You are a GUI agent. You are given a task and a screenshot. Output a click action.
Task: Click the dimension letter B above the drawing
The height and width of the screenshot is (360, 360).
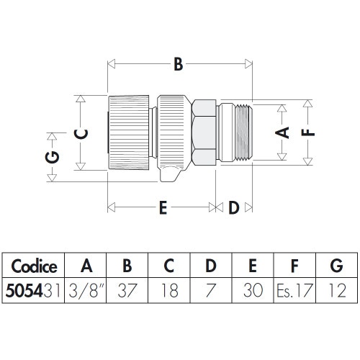click(x=177, y=65)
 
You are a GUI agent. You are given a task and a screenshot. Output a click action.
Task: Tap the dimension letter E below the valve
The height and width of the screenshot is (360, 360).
click(x=163, y=208)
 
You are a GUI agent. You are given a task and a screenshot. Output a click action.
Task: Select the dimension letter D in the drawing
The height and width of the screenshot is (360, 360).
click(x=234, y=208)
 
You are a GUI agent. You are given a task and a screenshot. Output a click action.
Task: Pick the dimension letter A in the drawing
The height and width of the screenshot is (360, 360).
click(x=283, y=132)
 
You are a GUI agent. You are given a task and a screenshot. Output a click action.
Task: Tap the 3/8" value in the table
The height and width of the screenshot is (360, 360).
click(x=86, y=292)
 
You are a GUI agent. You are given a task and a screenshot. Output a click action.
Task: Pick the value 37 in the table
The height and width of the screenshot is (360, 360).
click(x=127, y=292)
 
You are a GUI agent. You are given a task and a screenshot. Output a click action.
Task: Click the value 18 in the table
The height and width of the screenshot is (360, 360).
click(x=169, y=292)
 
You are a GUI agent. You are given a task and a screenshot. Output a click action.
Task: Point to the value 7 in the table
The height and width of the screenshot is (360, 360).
click(x=211, y=292)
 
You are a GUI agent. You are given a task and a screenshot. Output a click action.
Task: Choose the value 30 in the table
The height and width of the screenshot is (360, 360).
click(x=252, y=292)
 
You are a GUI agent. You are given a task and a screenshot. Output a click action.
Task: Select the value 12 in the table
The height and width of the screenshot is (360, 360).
click(x=336, y=292)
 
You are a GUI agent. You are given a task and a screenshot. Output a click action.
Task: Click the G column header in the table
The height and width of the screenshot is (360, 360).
click(x=336, y=266)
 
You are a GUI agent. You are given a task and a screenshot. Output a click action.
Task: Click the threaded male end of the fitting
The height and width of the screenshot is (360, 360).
click(x=242, y=132)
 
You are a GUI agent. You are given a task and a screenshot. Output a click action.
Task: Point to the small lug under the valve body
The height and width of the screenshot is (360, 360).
click(x=169, y=174)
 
